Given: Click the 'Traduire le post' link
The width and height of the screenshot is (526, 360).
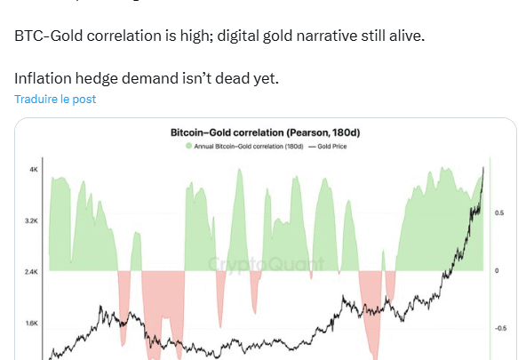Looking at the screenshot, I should [55, 100].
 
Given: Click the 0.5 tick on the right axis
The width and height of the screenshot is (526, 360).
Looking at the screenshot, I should [500, 213].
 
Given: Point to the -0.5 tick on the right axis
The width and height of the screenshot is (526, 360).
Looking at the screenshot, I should [501, 328].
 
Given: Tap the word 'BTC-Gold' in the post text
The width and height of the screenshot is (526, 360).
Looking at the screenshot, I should [50, 37].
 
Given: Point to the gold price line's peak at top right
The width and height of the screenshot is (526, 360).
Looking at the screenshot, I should [483, 167].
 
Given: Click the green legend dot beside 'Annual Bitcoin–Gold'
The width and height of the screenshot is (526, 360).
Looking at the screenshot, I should [187, 145].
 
